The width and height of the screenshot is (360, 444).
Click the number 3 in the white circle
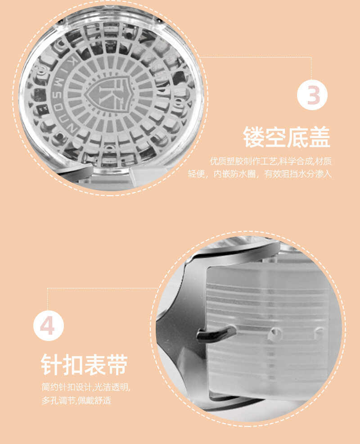313,95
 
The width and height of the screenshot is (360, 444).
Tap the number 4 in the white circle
47,326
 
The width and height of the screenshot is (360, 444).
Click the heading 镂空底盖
287,137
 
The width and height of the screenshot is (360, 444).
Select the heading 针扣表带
85,364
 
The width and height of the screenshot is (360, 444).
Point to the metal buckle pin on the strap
216,333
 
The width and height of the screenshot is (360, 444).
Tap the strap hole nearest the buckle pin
275,334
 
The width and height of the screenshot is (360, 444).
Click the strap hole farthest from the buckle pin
319,333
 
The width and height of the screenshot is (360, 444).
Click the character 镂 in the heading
253,137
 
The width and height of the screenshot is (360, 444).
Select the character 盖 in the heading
320,137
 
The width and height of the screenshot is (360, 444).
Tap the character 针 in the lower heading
51,364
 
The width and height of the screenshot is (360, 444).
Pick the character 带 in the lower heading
117,364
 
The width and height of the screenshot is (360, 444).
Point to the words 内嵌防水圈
234,174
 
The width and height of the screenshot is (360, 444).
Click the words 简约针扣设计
67,387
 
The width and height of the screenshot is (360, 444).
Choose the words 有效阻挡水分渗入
298,174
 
